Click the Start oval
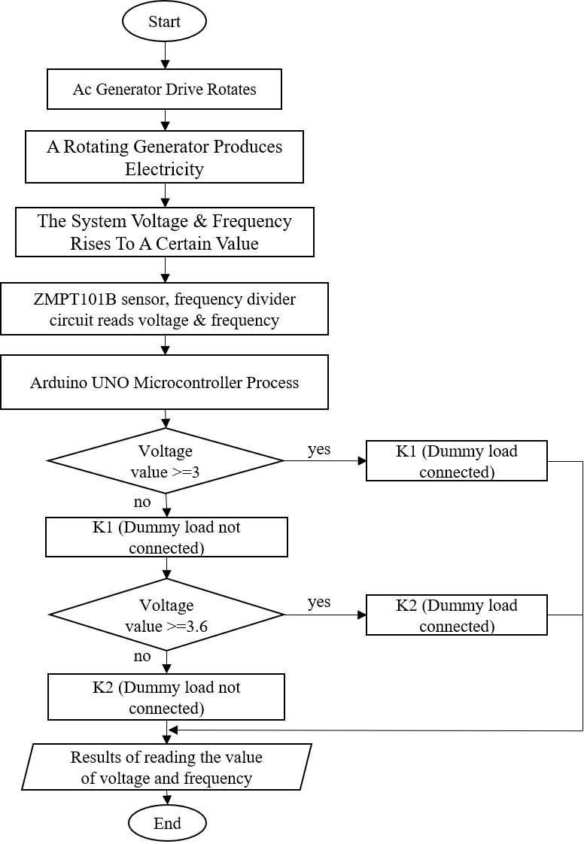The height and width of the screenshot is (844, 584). pos(164,22)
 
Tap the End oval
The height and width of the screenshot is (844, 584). pos(167,824)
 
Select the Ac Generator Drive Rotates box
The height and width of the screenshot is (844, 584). pos(164,90)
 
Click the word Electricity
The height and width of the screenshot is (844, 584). pos(164,168)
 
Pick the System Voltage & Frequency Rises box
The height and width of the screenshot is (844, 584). pos(164,232)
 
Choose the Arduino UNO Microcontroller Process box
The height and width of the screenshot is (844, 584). pos(164,382)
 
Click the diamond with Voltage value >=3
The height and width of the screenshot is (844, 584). pos(165,461)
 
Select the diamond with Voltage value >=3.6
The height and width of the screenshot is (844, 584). pos(166,615)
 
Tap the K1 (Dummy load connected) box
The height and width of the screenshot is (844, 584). pos(456,461)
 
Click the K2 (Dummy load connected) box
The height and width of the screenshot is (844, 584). pos(456,615)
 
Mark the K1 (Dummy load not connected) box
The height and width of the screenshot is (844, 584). pos(166,537)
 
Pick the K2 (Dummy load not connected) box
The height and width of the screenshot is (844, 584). pos(166,697)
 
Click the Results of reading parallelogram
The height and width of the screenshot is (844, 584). pos(166,767)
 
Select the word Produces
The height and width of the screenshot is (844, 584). pos(247,147)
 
